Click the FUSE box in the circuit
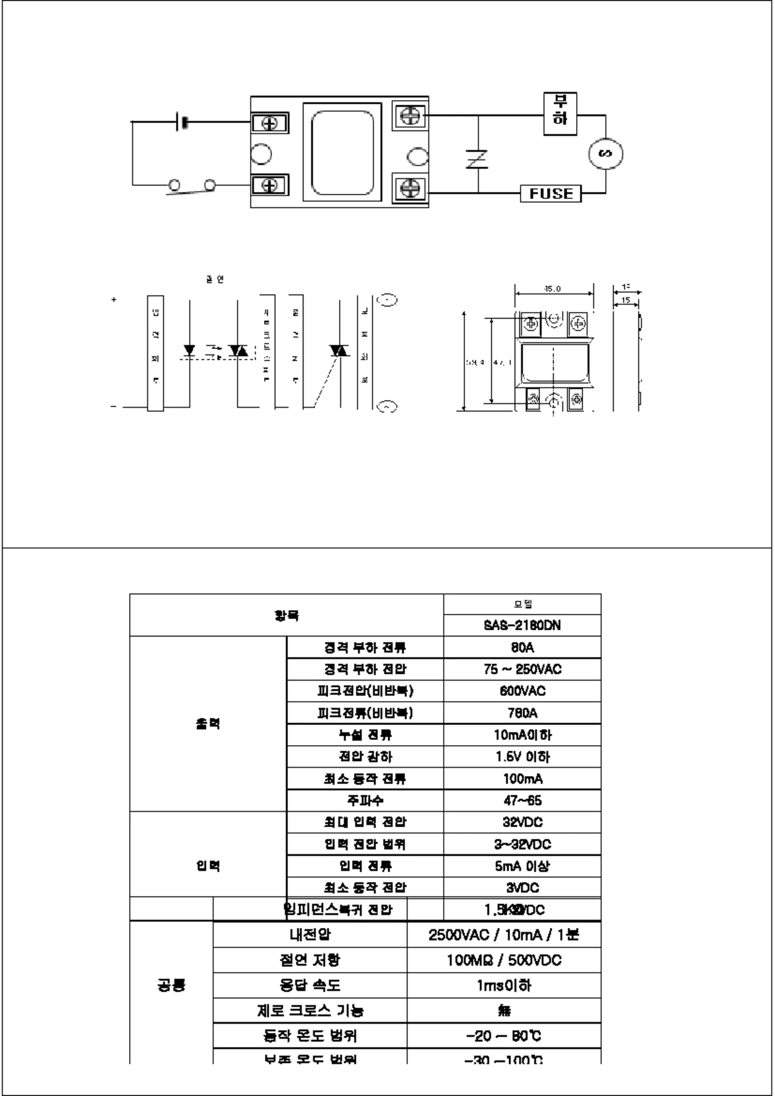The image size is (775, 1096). (x=551, y=193)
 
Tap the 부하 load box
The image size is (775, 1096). (x=560, y=113)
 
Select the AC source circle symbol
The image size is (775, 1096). (x=606, y=154)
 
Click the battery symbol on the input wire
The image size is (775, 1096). (x=181, y=121)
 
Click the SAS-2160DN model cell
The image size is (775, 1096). (x=522, y=626)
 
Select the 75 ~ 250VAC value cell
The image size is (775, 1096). (x=522, y=669)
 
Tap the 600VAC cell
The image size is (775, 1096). (x=522, y=691)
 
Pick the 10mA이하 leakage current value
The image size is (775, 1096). (x=522, y=735)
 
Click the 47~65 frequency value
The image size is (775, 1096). (x=522, y=801)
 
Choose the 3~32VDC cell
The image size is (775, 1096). (x=522, y=844)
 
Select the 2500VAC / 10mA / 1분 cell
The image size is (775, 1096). (x=504, y=934)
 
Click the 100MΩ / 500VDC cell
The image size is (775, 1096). (x=504, y=960)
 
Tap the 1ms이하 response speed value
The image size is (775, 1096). (x=504, y=985)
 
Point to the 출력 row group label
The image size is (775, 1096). (x=208, y=724)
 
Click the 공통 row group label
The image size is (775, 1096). (x=171, y=985)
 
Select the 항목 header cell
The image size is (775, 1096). (x=287, y=615)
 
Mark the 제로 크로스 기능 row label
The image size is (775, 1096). (x=310, y=1011)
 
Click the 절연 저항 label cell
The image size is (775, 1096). (x=310, y=960)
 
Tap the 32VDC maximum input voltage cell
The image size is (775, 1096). (x=522, y=822)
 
